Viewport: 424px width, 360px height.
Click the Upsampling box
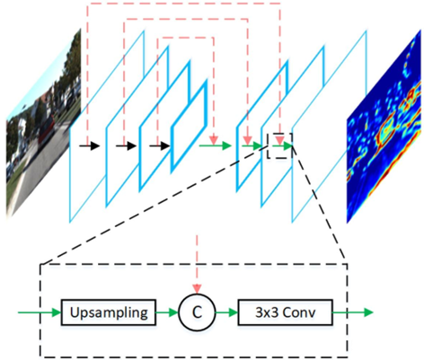pyautogui.click(x=109, y=312)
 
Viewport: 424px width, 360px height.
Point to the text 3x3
pyautogui.click(x=267, y=312)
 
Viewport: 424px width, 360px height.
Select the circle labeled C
pyautogui.click(x=197, y=312)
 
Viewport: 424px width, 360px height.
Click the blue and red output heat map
pyautogui.click(x=384, y=127)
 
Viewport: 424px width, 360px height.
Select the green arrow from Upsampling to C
pyautogui.click(x=167, y=312)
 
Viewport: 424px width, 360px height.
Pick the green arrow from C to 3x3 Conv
pyautogui.click(x=226, y=312)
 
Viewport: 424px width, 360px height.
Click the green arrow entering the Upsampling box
pyautogui.click(x=40, y=312)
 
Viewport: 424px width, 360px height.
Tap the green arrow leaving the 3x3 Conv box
pyautogui.click(x=353, y=312)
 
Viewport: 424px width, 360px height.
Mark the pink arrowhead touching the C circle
pyautogui.click(x=197, y=289)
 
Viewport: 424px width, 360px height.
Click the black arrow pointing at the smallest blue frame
pyautogui.click(x=160, y=146)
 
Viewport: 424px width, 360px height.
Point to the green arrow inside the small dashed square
pyautogui.click(x=282, y=146)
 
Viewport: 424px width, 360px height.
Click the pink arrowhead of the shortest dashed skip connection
pyautogui.click(x=214, y=140)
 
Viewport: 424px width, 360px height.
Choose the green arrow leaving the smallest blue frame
pyautogui.click(x=216, y=146)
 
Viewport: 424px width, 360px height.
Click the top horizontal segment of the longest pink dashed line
pyautogui.click(x=183, y=4)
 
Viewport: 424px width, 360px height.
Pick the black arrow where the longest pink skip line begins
pyautogui.click(x=89, y=146)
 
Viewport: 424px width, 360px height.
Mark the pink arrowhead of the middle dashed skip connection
pyautogui.click(x=247, y=140)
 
